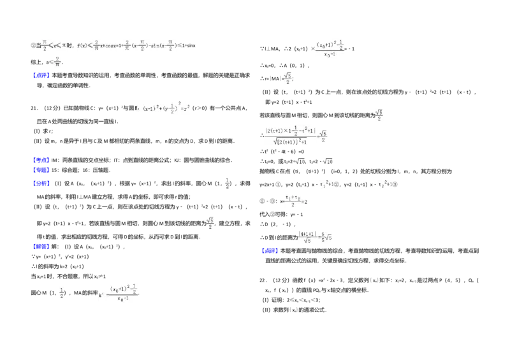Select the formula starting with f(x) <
click(x=97, y=46)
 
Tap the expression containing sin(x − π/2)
click(x=150, y=46)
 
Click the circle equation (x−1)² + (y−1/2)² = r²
click(x=163, y=108)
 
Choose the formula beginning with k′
click(x=120, y=293)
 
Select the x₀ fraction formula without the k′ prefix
click(x=329, y=48)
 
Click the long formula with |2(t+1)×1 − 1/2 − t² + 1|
click(x=296, y=135)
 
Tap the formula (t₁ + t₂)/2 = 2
click(x=296, y=201)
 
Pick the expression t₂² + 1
click(x=385, y=185)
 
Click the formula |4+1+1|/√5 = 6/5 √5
click(x=316, y=237)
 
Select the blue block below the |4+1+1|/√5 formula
click(x=270, y=250)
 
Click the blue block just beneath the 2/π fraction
click(x=41, y=76)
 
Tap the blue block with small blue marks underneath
click(x=41, y=246)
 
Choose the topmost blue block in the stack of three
click(x=41, y=159)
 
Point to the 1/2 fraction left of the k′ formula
click(x=61, y=293)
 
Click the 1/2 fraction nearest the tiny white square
click(x=229, y=184)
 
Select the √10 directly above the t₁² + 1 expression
click(x=329, y=162)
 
